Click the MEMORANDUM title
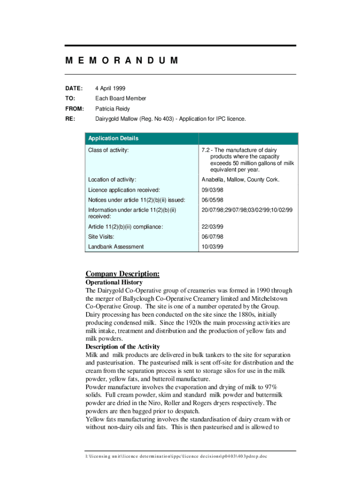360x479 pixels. click(122, 60)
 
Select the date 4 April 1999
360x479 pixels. click(110, 88)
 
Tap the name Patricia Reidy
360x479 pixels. click(113, 109)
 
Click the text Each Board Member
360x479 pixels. click(121, 98)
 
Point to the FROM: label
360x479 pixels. click(74, 109)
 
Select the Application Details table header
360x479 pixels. click(113, 138)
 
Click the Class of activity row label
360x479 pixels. click(108, 150)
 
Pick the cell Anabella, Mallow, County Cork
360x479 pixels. click(240, 180)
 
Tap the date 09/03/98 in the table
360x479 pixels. click(212, 190)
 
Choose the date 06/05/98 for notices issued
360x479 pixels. click(212, 200)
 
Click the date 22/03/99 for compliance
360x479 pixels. click(212, 227)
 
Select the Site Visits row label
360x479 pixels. click(101, 237)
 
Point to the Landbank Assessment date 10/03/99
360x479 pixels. click(212, 247)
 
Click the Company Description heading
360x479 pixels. click(122, 274)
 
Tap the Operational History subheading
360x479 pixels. click(114, 283)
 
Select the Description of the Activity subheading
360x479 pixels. click(122, 347)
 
